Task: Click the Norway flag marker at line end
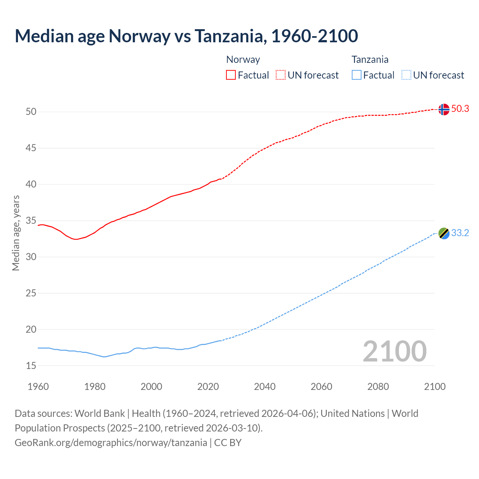(443, 109)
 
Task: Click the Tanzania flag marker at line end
(444, 233)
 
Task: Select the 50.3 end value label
(460, 109)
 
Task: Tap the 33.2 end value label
(460, 233)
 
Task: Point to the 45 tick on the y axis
(31, 148)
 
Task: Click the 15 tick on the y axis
(31, 366)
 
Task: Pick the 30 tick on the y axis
(31, 257)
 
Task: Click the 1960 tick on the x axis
(38, 387)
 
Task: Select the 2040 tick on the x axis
(265, 387)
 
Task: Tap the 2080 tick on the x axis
(378, 387)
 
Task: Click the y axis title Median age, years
(16, 233)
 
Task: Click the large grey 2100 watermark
(394, 351)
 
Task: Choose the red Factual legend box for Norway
(231, 75)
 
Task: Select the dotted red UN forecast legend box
(281, 75)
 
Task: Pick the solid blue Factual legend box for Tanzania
(357, 75)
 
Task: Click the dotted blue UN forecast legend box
(406, 75)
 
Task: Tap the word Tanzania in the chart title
(230, 36)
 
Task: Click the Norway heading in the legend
(243, 60)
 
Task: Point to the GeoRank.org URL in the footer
(111, 443)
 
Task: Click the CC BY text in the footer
(228, 443)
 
